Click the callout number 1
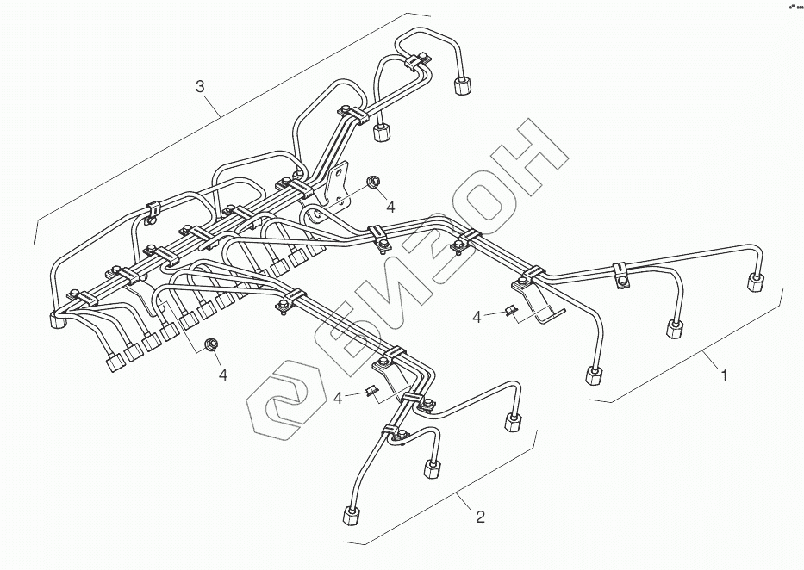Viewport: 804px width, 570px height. [725, 376]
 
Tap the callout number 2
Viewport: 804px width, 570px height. [480, 517]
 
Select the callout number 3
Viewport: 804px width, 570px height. [200, 86]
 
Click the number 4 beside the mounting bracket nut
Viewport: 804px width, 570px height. [390, 207]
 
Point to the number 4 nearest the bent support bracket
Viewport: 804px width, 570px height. [477, 319]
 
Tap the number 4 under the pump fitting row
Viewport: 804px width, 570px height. [222, 375]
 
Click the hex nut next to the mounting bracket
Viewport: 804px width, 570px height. [374, 182]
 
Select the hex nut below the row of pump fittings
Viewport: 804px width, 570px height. [209, 346]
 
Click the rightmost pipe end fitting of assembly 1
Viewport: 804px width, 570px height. [755, 282]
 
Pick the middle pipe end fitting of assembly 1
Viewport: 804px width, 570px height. [675, 330]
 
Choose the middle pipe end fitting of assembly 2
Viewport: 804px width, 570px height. [431, 469]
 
